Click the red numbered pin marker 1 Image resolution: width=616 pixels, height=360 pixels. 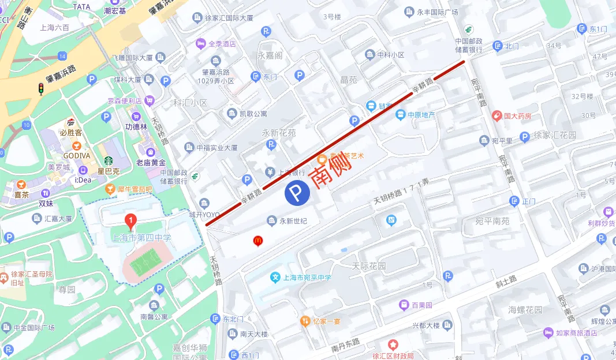click(131, 220)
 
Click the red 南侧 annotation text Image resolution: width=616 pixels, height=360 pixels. click(331, 171)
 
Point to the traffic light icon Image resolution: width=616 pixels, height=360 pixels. click(41, 88)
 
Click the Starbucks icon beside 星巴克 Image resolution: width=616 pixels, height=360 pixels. click(108, 161)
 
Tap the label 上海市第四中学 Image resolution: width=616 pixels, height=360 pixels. click(141, 238)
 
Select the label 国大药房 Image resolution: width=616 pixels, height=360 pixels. click(517, 116)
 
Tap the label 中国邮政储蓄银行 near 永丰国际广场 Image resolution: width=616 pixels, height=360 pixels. click(468, 46)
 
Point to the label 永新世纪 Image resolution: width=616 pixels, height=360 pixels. click(293, 220)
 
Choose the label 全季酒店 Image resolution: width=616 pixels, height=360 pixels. click(222, 43)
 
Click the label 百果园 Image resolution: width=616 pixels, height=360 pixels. click(422, 305)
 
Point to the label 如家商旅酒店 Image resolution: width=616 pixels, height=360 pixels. click(577, 333)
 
